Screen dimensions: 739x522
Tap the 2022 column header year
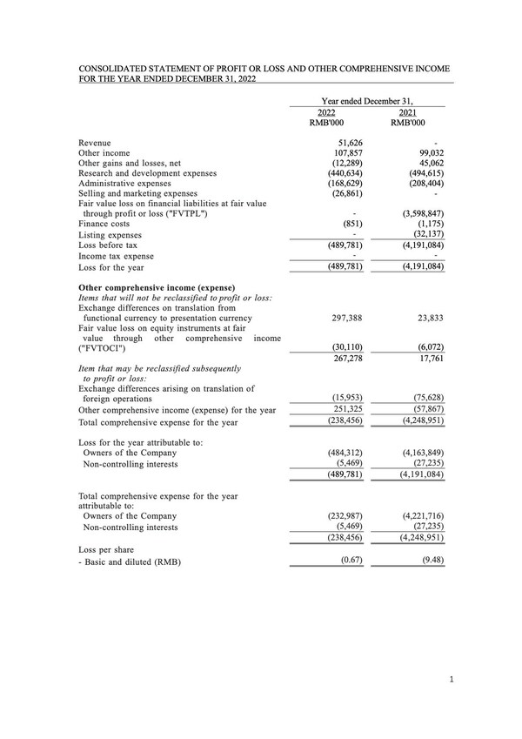326,114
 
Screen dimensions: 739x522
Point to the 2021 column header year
407,114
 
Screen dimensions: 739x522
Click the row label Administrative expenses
127,183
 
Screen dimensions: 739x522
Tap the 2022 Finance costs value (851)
349,224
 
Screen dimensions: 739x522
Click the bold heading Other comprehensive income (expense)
156,287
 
